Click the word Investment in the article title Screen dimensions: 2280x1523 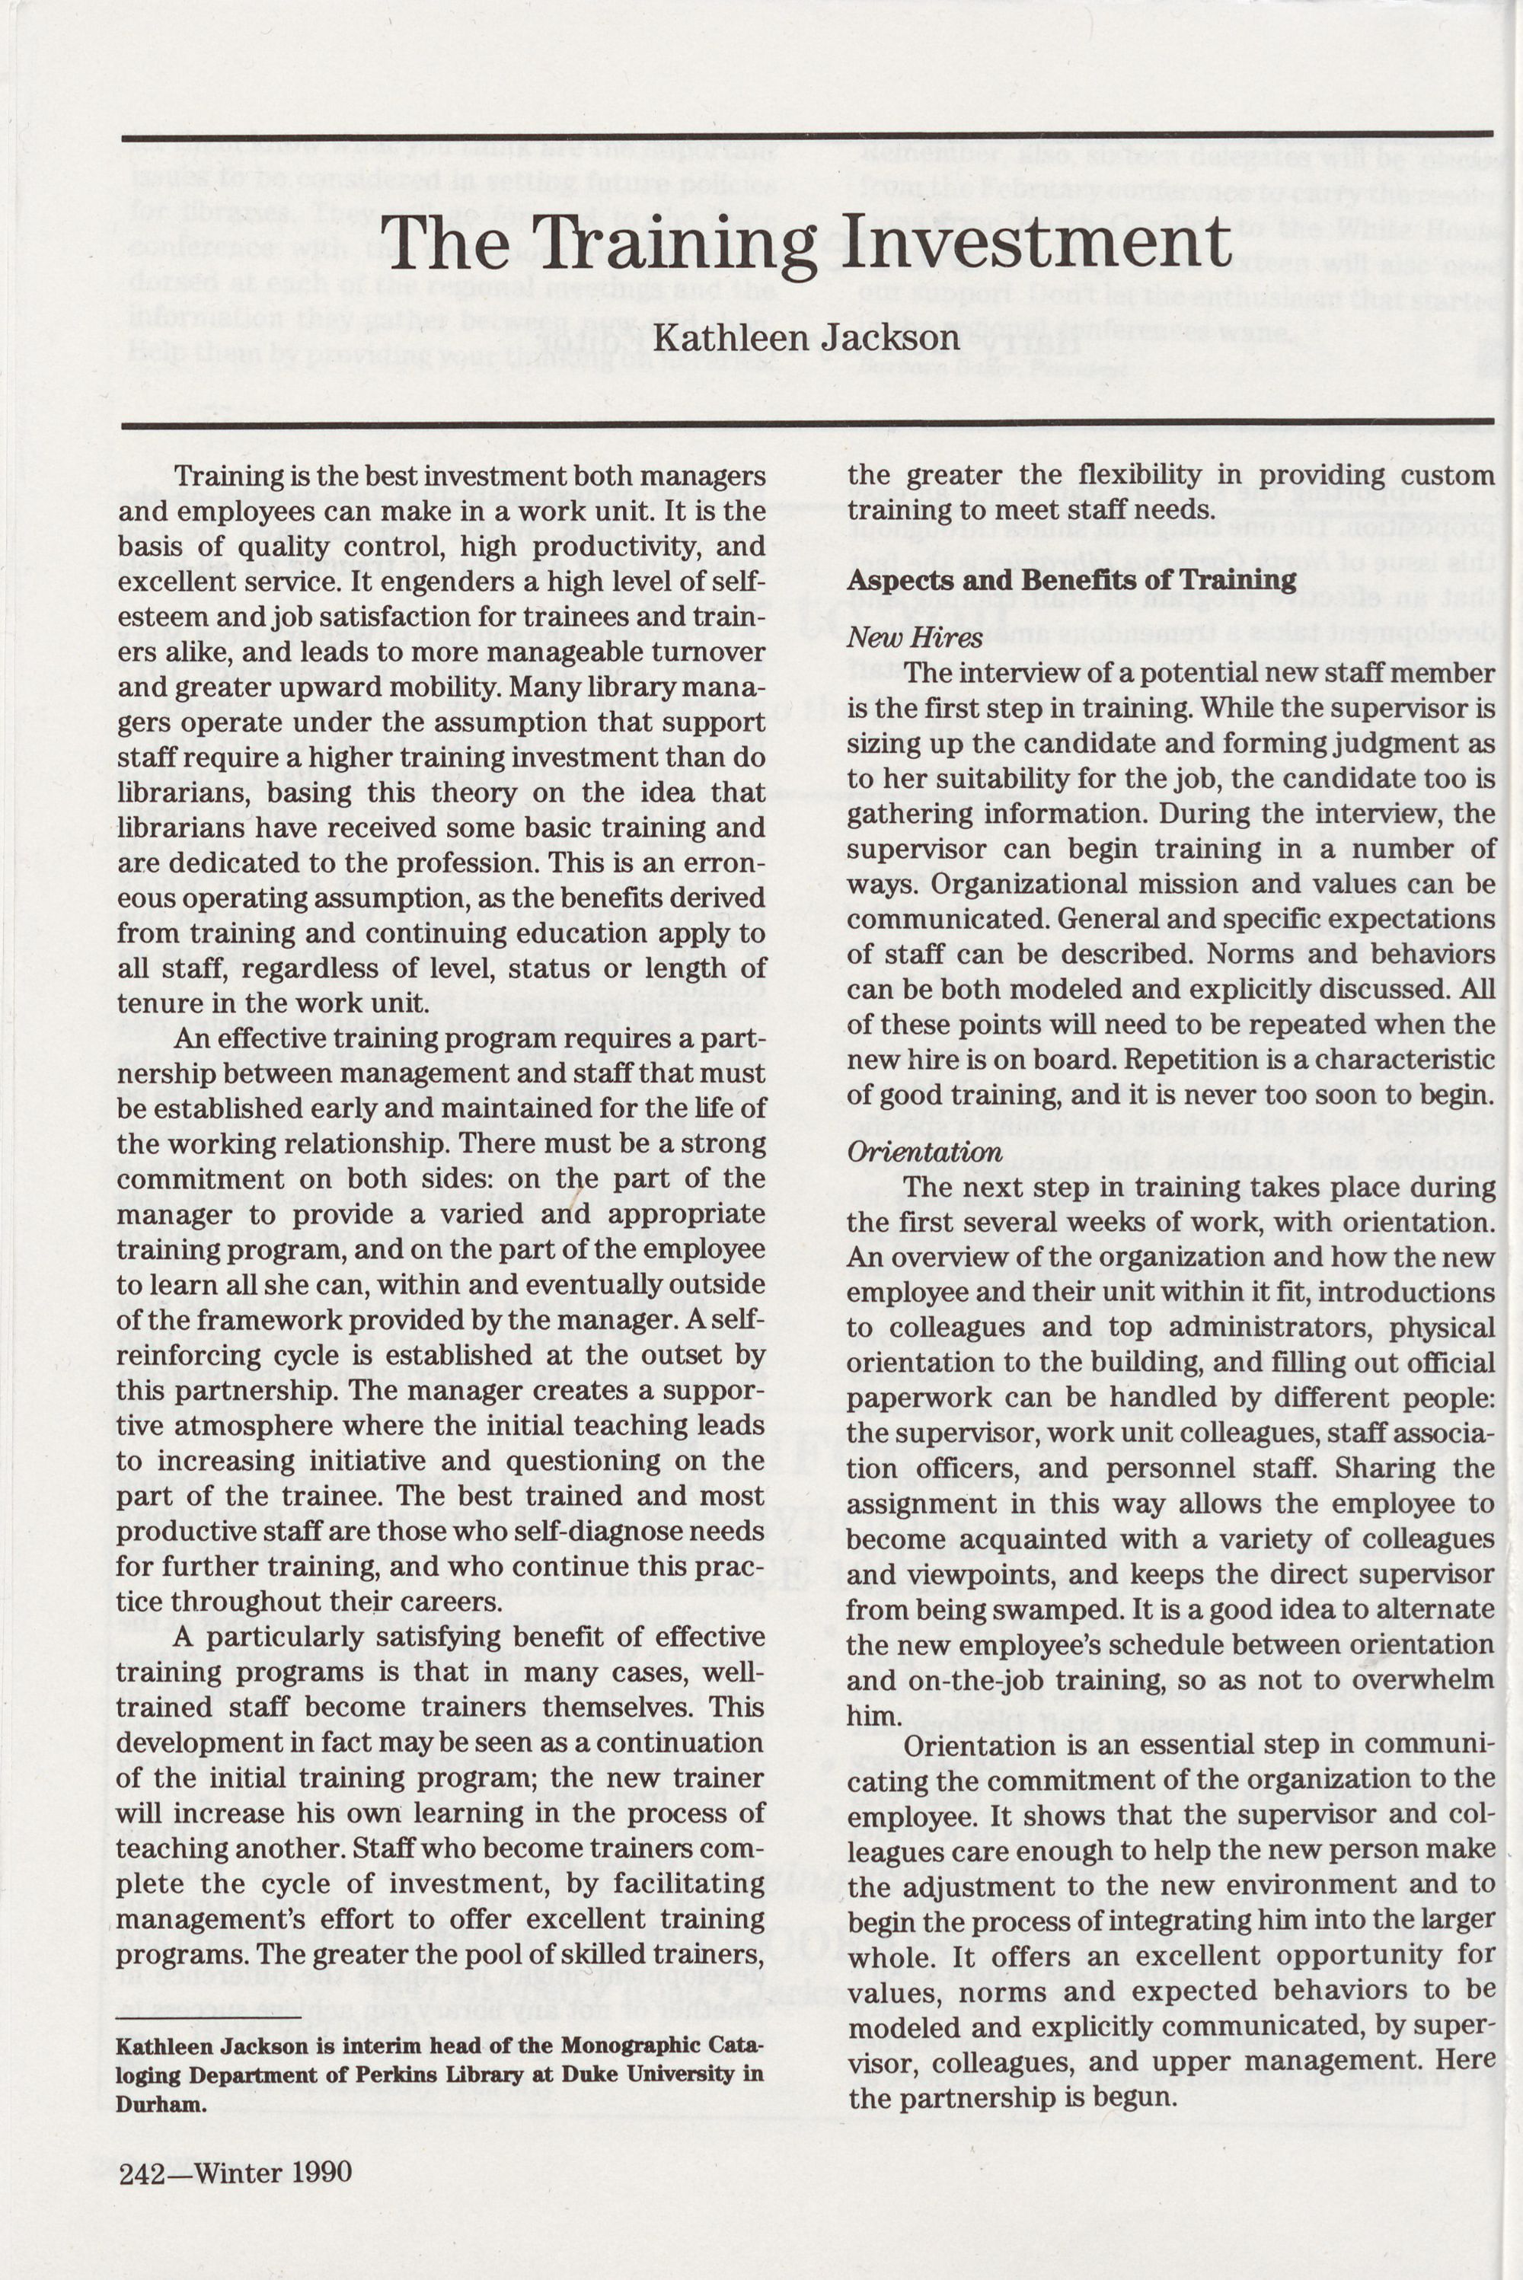click(x=1036, y=243)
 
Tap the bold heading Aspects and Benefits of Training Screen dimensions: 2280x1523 click(x=1071, y=581)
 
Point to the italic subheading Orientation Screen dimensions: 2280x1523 click(x=924, y=1153)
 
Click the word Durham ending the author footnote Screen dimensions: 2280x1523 click(x=160, y=2105)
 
